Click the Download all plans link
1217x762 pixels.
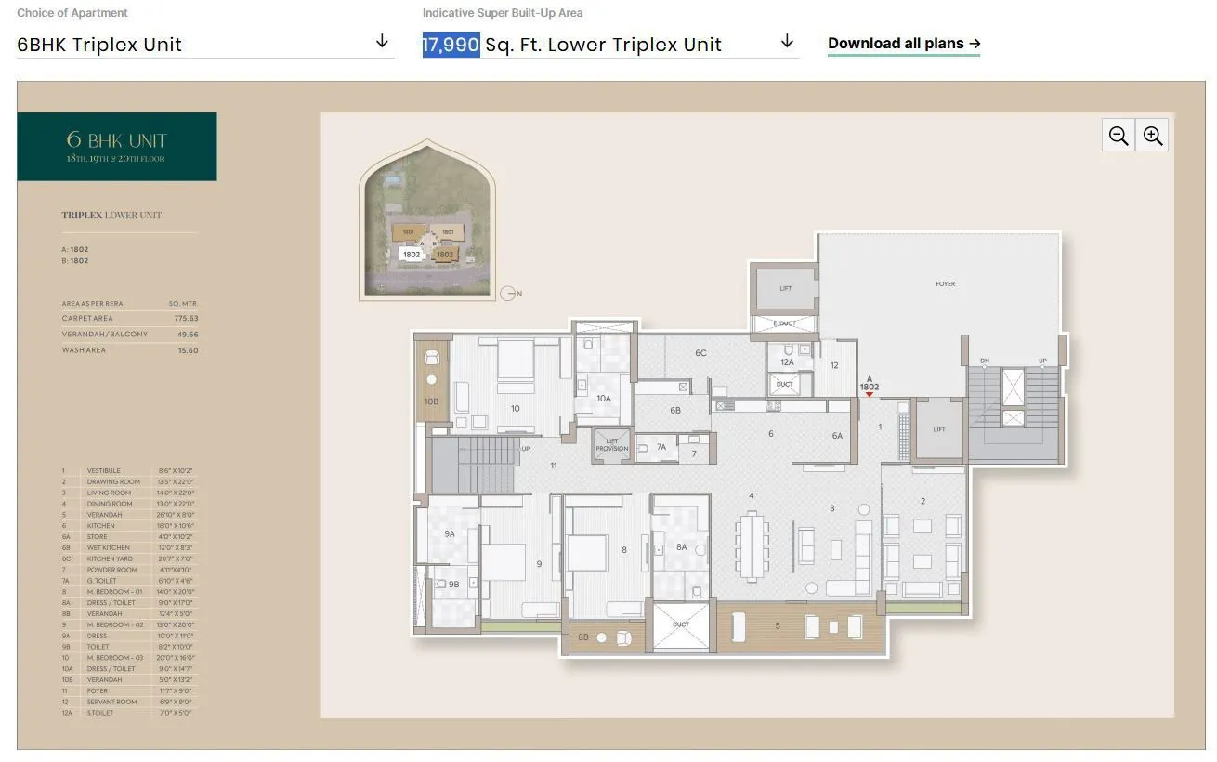903,44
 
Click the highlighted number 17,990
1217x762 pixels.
451,44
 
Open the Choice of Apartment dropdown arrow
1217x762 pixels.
382,42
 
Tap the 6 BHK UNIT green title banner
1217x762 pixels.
117,147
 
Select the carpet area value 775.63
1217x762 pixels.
186,319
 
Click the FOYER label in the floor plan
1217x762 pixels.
945,284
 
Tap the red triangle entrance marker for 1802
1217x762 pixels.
869,395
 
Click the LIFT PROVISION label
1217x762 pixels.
612,445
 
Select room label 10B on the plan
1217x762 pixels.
431,401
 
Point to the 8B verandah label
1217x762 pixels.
583,637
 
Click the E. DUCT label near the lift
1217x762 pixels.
785,323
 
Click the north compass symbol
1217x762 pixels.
507,294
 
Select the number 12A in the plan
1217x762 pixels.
787,362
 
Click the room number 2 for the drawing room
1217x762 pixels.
923,501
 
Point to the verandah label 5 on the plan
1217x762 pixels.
779,626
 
